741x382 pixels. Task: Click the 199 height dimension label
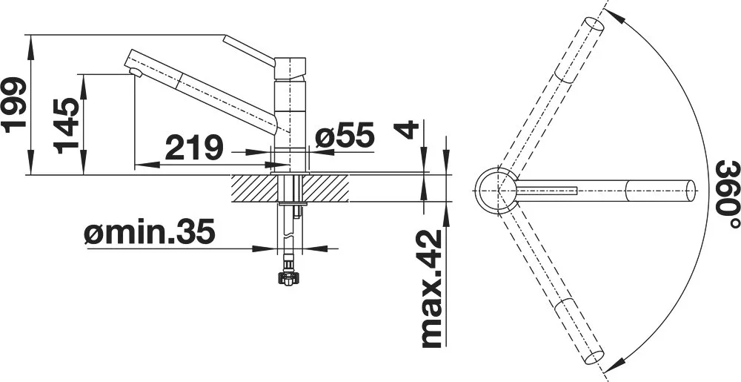click(13, 105)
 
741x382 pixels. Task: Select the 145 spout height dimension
click(66, 126)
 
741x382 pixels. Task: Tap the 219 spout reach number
click(193, 147)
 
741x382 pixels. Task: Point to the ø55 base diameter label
click(345, 135)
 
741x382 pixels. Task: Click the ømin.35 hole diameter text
click(150, 232)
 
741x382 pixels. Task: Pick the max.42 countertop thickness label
click(431, 289)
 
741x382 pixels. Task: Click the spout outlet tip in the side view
click(136, 72)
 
